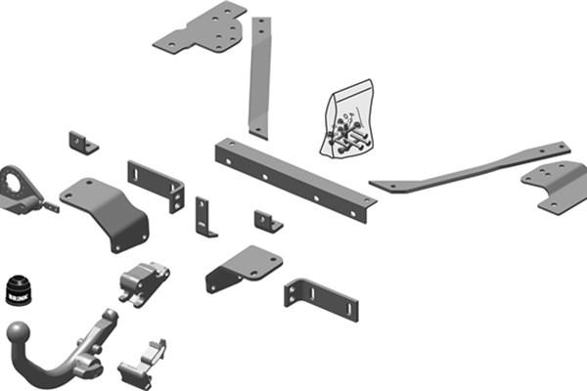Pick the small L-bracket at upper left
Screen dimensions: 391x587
tap(81, 143)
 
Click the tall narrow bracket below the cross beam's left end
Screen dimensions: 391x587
tap(204, 217)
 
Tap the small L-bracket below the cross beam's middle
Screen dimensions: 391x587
tap(267, 220)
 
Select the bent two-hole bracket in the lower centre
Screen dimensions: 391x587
tap(244, 267)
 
